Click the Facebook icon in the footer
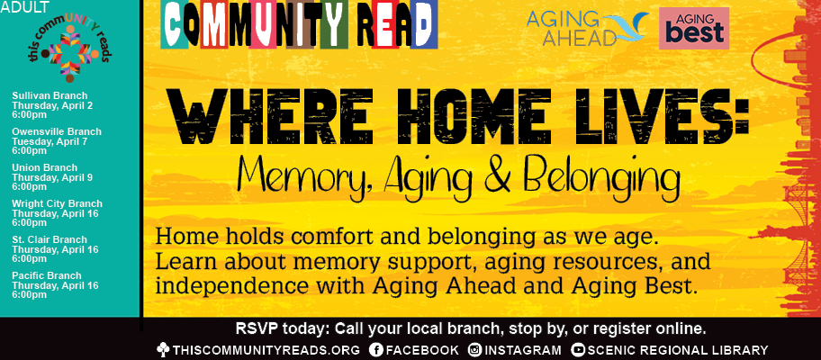pyautogui.click(x=377, y=349)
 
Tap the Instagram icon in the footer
pyautogui.click(x=475, y=349)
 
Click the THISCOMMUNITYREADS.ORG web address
pyautogui.click(x=266, y=349)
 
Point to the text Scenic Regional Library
pyautogui.click(x=678, y=349)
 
